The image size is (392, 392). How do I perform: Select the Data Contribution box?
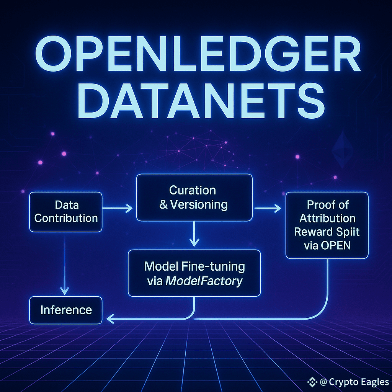point(66,212)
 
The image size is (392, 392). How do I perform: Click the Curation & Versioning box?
point(194,197)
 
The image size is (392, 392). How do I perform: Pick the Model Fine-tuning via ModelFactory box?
point(194,273)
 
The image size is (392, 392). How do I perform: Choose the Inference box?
point(66,310)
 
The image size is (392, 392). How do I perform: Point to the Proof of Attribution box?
point(327,225)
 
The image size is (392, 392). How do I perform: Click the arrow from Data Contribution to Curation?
point(117,208)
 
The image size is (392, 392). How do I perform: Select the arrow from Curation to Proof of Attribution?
point(268,208)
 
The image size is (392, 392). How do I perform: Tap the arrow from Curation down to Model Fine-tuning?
point(194,234)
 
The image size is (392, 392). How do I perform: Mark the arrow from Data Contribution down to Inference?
point(64,264)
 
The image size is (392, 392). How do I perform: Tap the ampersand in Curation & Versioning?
point(163,204)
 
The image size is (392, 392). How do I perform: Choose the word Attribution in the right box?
point(327,218)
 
